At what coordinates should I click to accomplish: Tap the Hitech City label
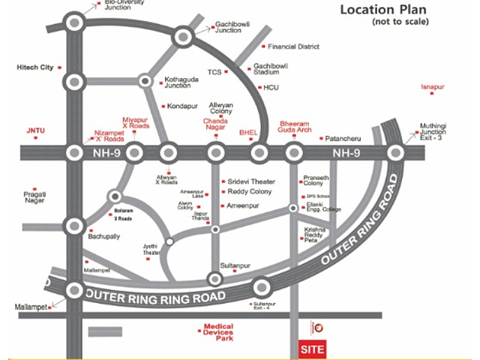click(x=35, y=67)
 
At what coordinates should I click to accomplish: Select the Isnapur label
click(x=433, y=87)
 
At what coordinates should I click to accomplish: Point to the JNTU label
click(x=36, y=130)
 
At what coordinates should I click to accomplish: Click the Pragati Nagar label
click(x=35, y=197)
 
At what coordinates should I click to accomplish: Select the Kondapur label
click(x=181, y=106)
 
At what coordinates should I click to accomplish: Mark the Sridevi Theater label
click(x=251, y=181)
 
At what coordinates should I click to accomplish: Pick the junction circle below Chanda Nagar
click(x=215, y=154)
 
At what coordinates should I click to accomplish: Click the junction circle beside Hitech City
click(x=74, y=81)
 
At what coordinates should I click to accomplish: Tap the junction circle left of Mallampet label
click(x=74, y=290)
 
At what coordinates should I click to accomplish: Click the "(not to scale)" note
click(x=400, y=22)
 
